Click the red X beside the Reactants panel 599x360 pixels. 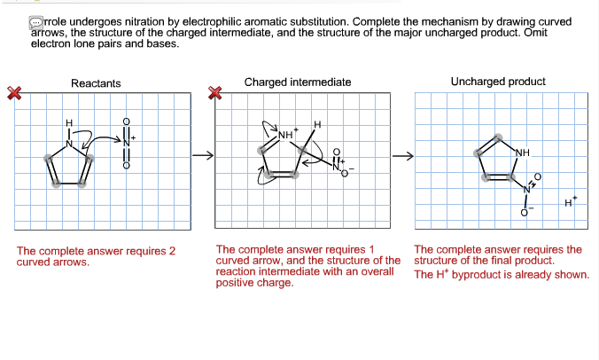13,92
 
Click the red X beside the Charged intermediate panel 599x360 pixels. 214,92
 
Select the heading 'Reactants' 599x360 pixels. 96,83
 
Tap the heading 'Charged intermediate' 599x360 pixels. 298,82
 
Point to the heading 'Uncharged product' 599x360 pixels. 498,82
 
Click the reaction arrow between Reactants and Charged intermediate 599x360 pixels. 204,158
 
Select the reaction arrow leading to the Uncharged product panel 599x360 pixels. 405,158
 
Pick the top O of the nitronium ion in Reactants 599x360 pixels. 126,121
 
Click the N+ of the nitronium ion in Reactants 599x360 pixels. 128,142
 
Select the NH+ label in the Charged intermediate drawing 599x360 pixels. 286,134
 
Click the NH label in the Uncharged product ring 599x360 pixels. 521,152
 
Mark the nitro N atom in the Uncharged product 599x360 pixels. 525,188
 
